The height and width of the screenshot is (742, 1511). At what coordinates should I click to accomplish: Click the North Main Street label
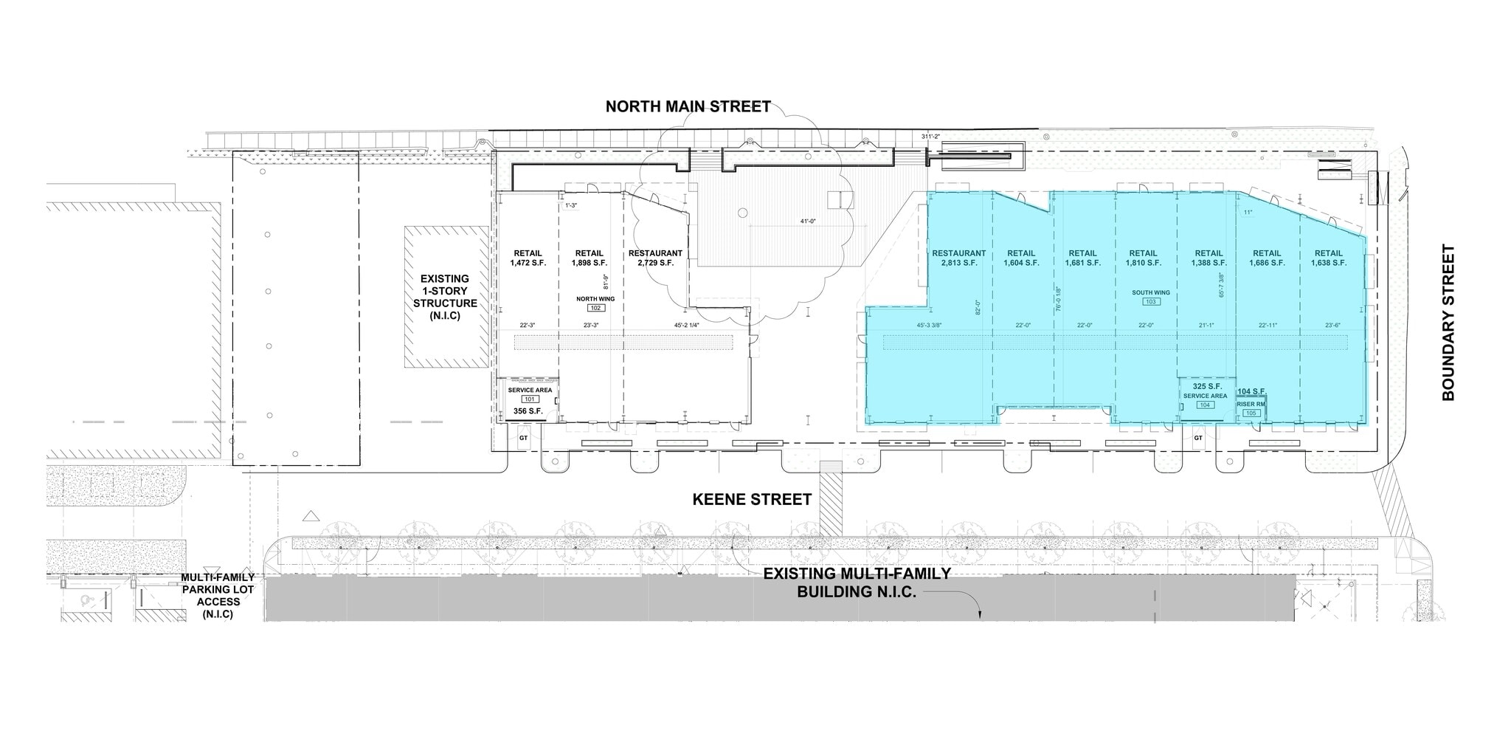click(688, 106)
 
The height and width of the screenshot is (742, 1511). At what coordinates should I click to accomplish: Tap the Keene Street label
click(752, 500)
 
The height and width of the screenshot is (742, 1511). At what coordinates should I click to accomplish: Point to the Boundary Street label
click(1448, 323)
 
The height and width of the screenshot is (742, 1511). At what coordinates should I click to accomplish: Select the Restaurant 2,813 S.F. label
click(958, 258)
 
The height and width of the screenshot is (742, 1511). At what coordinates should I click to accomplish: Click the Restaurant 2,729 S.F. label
click(655, 258)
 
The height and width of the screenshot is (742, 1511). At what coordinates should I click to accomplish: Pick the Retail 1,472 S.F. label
click(528, 258)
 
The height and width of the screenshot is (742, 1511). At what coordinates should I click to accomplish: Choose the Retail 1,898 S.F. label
click(589, 258)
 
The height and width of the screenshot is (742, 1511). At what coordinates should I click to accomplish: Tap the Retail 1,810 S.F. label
click(1143, 258)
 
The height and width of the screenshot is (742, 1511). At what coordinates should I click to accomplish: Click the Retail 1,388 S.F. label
click(1209, 258)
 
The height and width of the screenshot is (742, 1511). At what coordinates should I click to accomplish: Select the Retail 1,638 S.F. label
click(1328, 258)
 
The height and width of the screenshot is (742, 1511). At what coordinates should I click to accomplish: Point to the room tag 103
click(1151, 302)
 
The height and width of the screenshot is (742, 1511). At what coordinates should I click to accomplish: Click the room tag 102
click(595, 308)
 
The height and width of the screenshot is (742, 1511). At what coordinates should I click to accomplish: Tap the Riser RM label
click(1251, 405)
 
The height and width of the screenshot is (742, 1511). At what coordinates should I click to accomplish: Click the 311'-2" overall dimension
click(932, 137)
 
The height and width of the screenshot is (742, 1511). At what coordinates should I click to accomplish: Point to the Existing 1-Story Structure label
click(445, 297)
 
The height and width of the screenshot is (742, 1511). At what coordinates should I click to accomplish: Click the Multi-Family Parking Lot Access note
click(218, 595)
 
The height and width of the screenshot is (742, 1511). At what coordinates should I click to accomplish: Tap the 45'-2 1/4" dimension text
click(686, 326)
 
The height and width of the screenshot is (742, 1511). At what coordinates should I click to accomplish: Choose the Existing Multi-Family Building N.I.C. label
click(857, 583)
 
